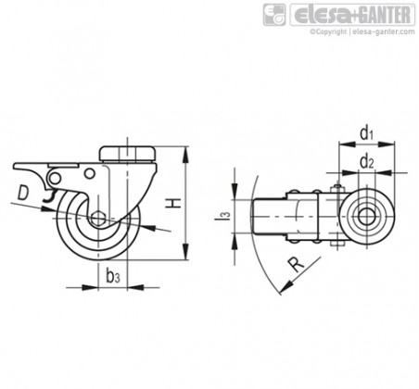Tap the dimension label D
coord(23,193)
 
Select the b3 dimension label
coord(112,276)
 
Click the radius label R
coord(297,265)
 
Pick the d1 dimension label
coord(367,133)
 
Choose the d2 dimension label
coord(367,162)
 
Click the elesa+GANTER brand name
coord(352,15)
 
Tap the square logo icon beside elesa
coord(274,15)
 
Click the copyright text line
coord(362,31)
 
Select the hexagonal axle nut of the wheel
coord(99,218)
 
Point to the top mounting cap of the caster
coord(127,154)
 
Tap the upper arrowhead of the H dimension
coord(185,155)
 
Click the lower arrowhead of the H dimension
coord(185,252)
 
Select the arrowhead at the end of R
coord(286,287)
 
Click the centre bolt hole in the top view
coord(367,216)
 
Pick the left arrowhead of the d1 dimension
coord(347,144)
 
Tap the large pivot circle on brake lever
coord(55,178)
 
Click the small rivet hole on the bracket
coord(90,173)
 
